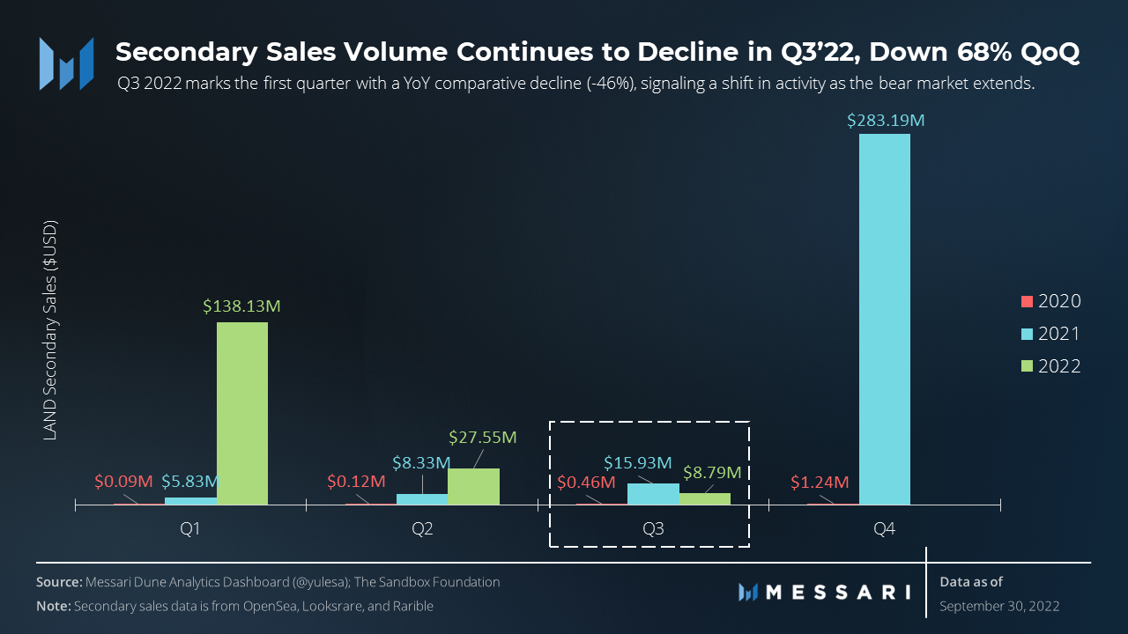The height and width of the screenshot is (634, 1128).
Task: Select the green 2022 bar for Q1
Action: click(242, 413)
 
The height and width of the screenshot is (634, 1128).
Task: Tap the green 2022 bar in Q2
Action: click(473, 486)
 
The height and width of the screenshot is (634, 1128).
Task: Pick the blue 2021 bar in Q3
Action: click(653, 494)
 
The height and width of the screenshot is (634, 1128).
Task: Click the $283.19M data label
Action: click(886, 121)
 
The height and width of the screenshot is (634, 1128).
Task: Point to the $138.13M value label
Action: click(242, 307)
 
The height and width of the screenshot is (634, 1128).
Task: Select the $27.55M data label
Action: click(482, 437)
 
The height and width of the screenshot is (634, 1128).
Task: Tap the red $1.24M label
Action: click(819, 483)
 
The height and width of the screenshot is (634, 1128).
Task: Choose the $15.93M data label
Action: click(638, 463)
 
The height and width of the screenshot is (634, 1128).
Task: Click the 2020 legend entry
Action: click(1050, 301)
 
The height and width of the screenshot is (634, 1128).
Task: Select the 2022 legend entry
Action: click(1050, 366)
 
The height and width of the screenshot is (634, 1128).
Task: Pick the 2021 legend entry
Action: click(1050, 334)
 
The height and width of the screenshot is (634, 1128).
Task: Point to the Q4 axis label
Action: click(885, 530)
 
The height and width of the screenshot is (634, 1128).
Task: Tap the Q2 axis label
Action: click(422, 530)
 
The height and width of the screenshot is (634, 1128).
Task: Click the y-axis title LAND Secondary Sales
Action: click(50, 329)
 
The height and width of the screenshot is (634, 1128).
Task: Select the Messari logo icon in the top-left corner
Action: click(66, 63)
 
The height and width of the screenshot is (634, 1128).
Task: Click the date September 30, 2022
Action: click(999, 606)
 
